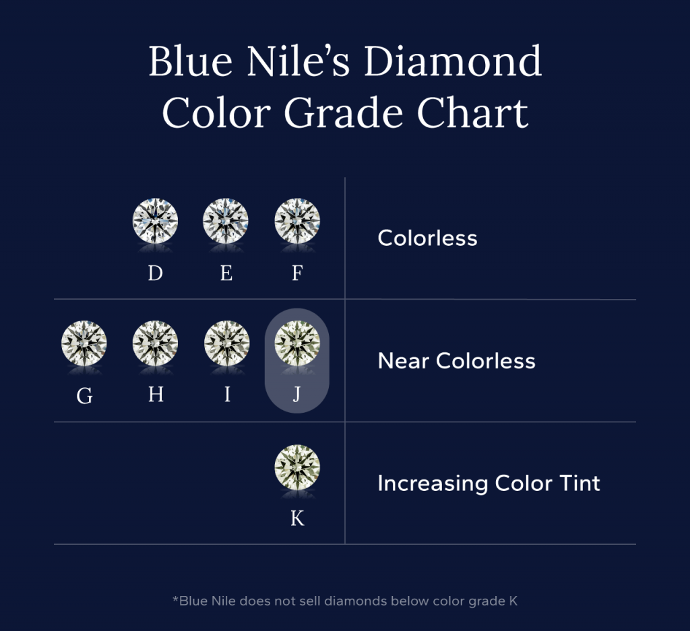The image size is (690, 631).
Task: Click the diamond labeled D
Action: [156, 220]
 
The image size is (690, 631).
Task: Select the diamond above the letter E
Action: [226, 220]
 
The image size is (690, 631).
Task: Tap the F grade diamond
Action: [297, 220]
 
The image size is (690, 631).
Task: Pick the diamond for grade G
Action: [84, 342]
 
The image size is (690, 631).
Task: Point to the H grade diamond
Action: [156, 342]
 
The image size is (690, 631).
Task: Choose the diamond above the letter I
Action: [226, 342]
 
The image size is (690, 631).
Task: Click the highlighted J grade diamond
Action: [297, 342]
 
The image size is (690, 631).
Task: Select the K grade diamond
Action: [297, 466]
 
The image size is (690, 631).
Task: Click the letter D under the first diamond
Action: [156, 273]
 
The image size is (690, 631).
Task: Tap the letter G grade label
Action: [84, 396]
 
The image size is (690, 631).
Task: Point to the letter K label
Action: [297, 519]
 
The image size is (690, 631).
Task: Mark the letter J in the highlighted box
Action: [297, 395]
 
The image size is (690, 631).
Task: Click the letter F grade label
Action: [297, 273]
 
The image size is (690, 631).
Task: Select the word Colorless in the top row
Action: [427, 238]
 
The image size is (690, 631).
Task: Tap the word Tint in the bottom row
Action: [575, 484]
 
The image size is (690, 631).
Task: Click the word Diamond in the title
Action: [453, 62]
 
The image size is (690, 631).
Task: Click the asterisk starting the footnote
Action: [175, 599]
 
